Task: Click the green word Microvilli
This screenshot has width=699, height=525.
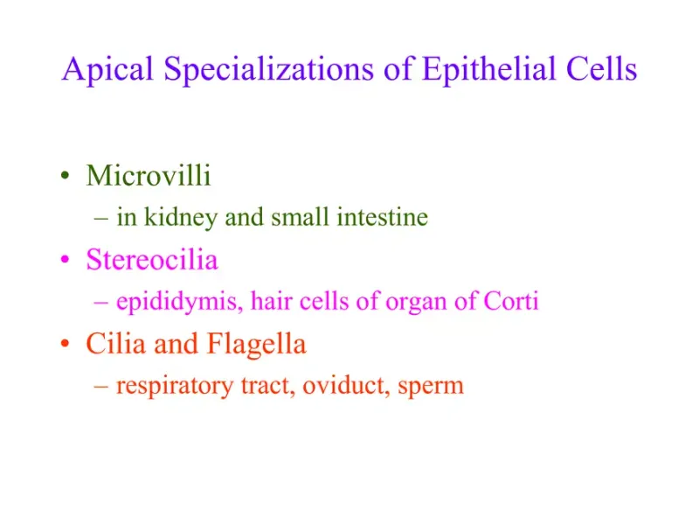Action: point(149,176)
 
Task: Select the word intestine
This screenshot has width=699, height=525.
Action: point(382,217)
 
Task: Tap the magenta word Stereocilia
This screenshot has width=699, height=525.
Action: point(152,260)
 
